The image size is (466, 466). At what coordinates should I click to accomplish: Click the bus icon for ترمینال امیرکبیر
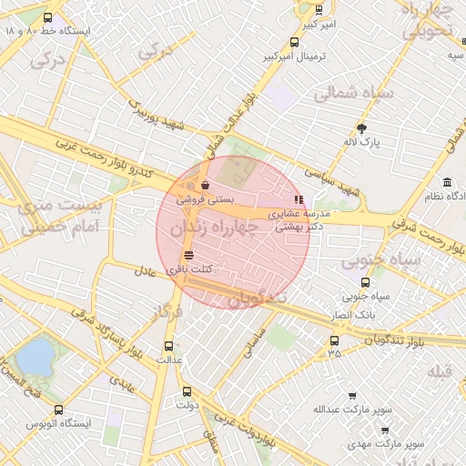click(293, 42)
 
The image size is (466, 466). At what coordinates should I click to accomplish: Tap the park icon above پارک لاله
click(363, 128)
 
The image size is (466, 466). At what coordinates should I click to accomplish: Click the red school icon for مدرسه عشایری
click(297, 199)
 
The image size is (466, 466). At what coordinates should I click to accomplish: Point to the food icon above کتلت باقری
click(188, 256)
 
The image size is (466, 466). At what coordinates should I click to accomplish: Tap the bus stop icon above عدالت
click(167, 346)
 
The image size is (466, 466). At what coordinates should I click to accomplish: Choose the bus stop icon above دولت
click(188, 390)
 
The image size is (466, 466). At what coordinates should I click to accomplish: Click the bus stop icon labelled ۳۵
click(334, 341)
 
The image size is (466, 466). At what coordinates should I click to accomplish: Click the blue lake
click(35, 356)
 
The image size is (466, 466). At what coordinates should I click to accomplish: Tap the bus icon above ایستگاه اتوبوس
click(59, 410)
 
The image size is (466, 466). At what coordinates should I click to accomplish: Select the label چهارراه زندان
click(232, 228)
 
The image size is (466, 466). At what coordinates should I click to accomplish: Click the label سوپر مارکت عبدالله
click(352, 410)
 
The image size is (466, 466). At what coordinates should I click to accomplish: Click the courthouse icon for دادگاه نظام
click(447, 182)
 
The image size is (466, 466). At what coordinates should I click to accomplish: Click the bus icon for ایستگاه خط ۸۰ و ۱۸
click(47, 17)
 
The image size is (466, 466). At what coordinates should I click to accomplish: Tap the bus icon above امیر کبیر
click(318, 10)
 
